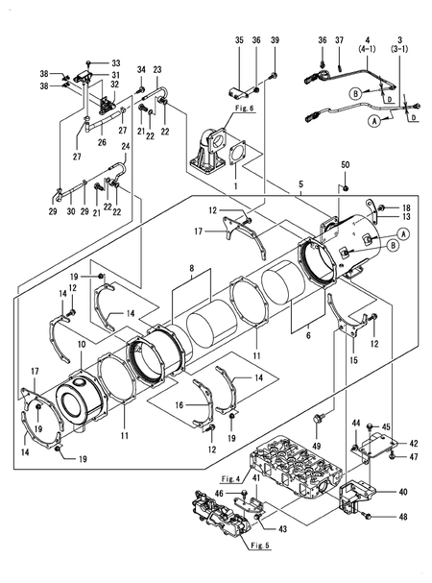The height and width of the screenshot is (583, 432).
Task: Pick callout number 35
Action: [239, 39]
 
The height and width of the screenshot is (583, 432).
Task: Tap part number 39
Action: [274, 39]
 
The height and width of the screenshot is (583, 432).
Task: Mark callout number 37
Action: [339, 39]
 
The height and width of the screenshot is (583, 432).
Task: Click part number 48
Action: [403, 518]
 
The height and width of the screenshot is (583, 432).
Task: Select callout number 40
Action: [403, 491]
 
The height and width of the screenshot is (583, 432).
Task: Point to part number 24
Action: [125, 146]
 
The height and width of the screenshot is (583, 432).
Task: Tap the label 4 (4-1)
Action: [368, 44]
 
